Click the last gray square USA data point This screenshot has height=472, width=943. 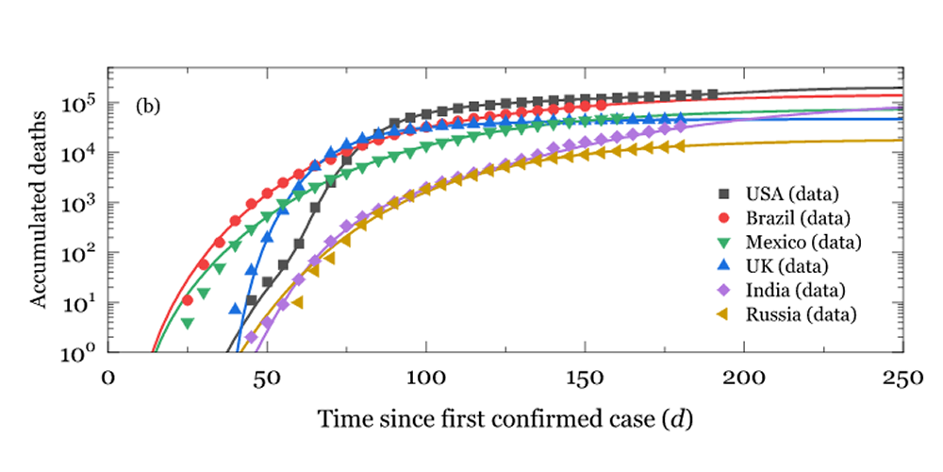click(x=712, y=94)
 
